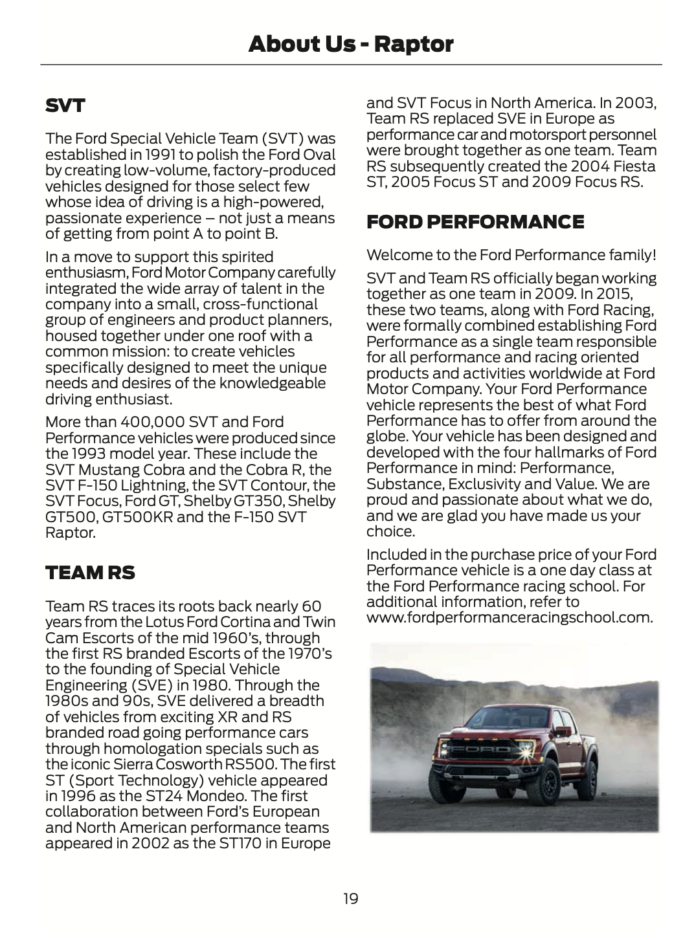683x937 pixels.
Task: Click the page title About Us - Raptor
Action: coord(350,44)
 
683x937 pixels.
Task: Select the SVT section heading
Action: coord(65,105)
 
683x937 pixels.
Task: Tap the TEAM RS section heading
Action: coord(90,573)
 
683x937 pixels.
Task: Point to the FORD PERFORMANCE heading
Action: coord(475,222)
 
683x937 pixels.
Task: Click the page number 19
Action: coord(350,898)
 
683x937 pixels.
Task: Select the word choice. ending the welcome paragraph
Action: coord(390,531)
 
